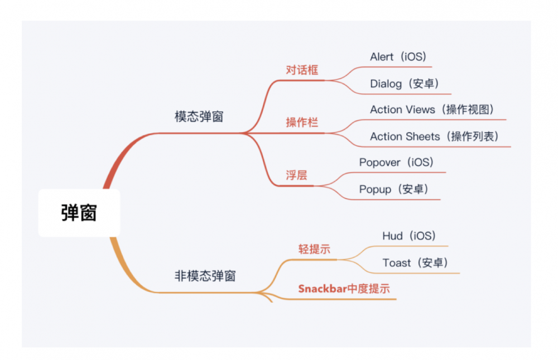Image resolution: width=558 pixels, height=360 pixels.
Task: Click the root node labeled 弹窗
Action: tap(79, 213)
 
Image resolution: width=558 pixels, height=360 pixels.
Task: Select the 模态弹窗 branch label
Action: tap(199, 117)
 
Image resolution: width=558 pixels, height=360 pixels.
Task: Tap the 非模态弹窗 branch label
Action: tap(205, 276)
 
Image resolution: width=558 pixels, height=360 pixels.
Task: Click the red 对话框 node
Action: tap(302, 71)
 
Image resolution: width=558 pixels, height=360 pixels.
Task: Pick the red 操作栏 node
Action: tap(302, 122)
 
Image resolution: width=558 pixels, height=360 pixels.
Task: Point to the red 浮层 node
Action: tap(296, 175)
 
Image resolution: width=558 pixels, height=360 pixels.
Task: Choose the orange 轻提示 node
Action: tap(314, 249)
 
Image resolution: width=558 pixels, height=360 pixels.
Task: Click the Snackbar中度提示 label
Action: tap(344, 289)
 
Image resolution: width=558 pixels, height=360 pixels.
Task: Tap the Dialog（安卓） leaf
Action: tap(405, 84)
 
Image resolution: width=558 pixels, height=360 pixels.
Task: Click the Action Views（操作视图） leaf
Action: tap(432, 109)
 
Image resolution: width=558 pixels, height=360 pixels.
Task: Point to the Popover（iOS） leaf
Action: tap(396, 162)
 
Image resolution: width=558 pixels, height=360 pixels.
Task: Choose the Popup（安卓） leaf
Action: tap(394, 189)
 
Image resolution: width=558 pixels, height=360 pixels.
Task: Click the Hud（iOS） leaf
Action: tap(409, 236)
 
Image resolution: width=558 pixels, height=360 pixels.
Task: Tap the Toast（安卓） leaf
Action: tap(416, 262)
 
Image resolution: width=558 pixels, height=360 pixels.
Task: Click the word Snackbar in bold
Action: tap(323, 289)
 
